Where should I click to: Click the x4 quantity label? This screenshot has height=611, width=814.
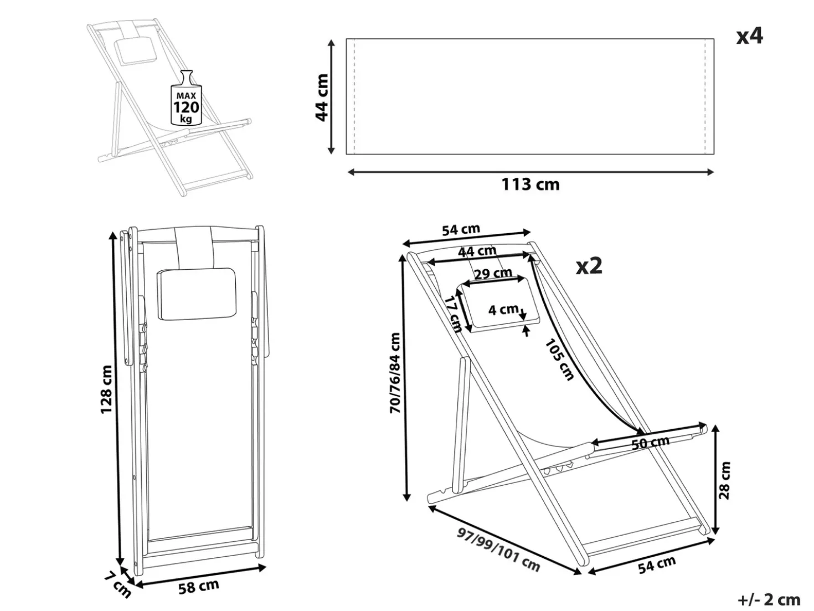[749, 37]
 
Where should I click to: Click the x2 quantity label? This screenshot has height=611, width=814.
[589, 266]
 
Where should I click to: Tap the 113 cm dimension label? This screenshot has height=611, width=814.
[530, 185]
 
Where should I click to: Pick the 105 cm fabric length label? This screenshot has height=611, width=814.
[559, 360]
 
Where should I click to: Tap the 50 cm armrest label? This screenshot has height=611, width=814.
[650, 443]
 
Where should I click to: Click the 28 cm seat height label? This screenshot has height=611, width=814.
[724, 480]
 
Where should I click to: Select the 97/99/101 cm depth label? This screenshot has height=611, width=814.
[498, 550]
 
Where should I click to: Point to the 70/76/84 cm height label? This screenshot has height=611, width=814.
[395, 373]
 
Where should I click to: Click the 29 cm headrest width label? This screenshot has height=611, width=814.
[493, 274]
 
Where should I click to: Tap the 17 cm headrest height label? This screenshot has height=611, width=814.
[453, 314]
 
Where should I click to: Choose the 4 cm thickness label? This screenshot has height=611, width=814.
[503, 310]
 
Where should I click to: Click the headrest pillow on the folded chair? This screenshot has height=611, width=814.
[197, 294]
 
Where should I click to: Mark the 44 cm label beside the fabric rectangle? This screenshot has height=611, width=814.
[322, 97]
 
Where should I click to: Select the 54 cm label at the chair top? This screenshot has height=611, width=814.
[461, 230]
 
